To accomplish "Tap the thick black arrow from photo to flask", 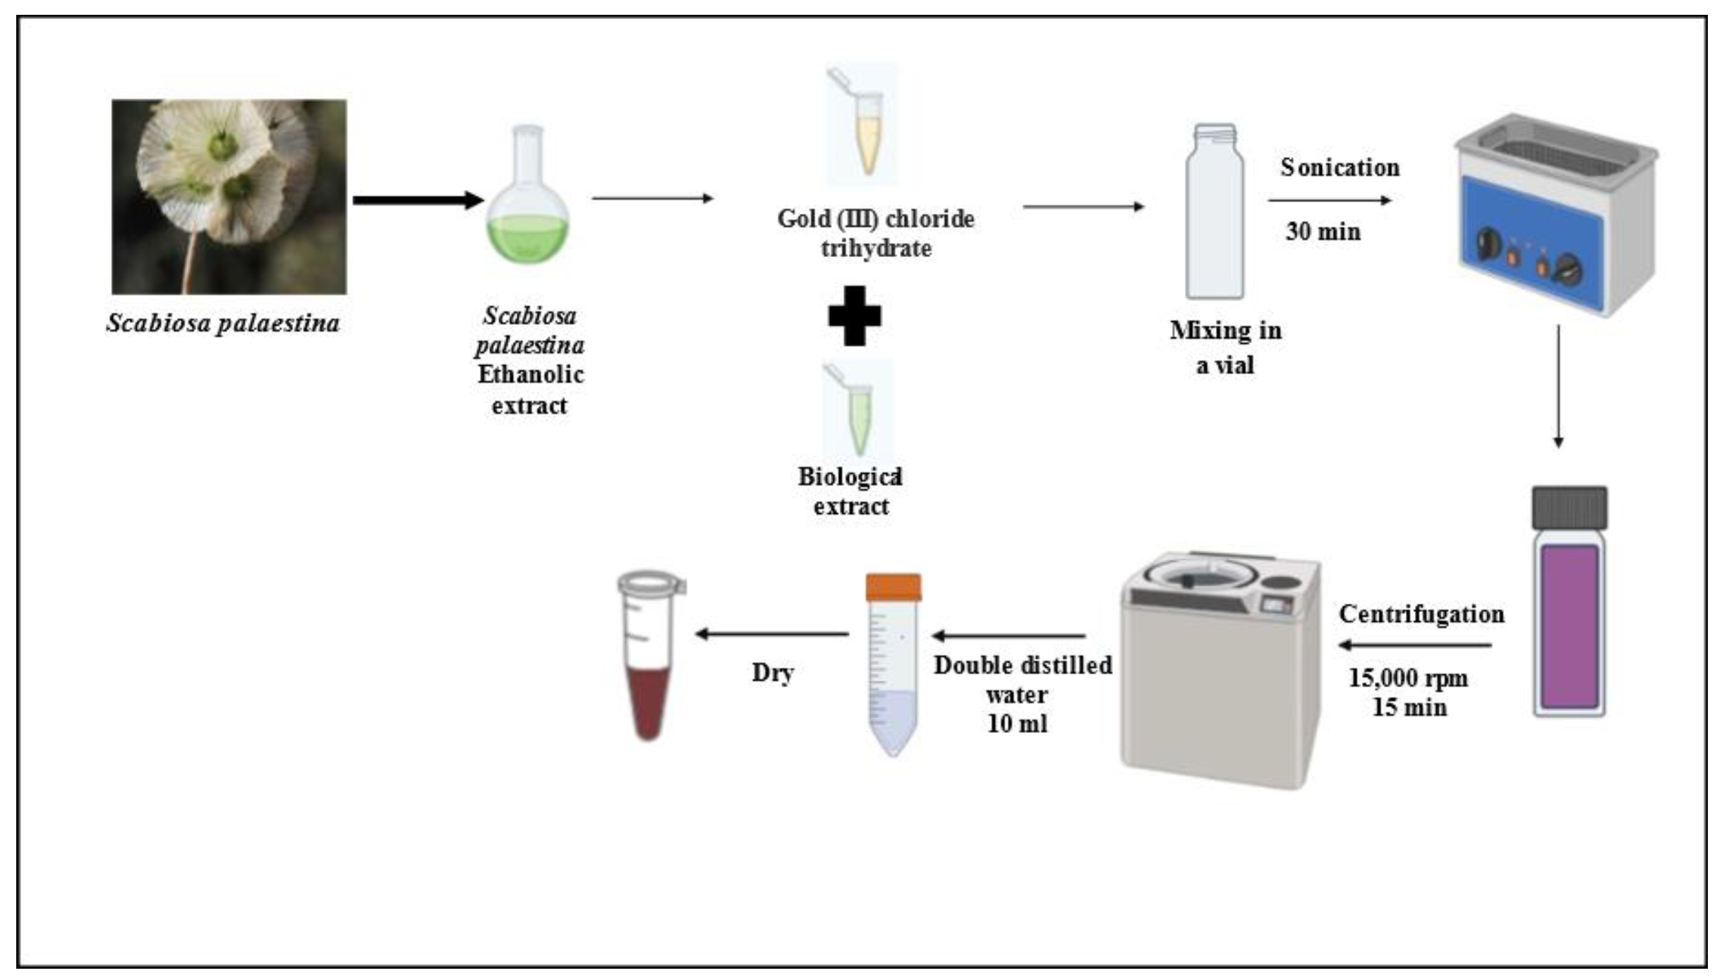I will click(416, 200).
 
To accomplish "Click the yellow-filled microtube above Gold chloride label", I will click(865, 131).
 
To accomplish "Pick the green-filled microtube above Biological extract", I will click(859, 417).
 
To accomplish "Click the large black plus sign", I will click(855, 316).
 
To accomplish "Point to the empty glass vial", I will click(1215, 212).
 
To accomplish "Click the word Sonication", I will click(1339, 167).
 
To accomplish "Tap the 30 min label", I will click(1323, 232).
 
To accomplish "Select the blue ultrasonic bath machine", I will click(1556, 215).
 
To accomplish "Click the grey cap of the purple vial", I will click(1570, 508).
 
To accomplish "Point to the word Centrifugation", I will click(1421, 614).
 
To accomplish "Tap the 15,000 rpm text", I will click(1408, 678).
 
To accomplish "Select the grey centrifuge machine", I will click(1220, 671).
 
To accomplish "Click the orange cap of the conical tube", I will click(893, 587).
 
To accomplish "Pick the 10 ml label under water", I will click(1016, 724).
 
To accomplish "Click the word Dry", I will click(773, 672).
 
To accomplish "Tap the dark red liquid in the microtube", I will click(648, 703).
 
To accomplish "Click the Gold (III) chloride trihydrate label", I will click(875, 233).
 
